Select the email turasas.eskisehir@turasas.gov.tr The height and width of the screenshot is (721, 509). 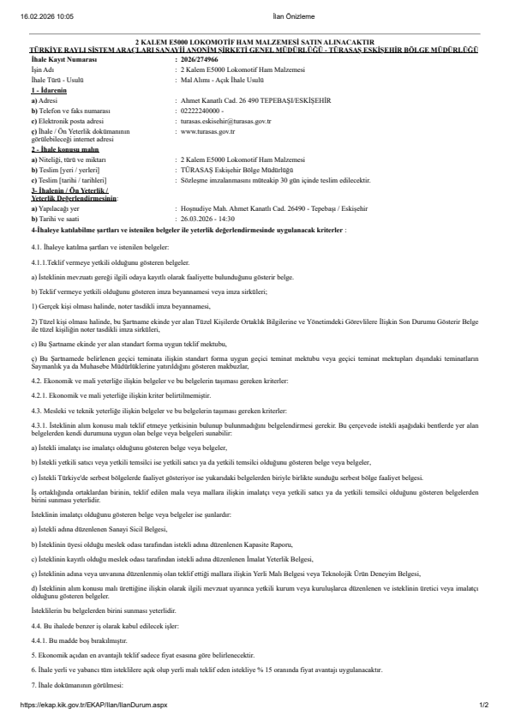227,122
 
